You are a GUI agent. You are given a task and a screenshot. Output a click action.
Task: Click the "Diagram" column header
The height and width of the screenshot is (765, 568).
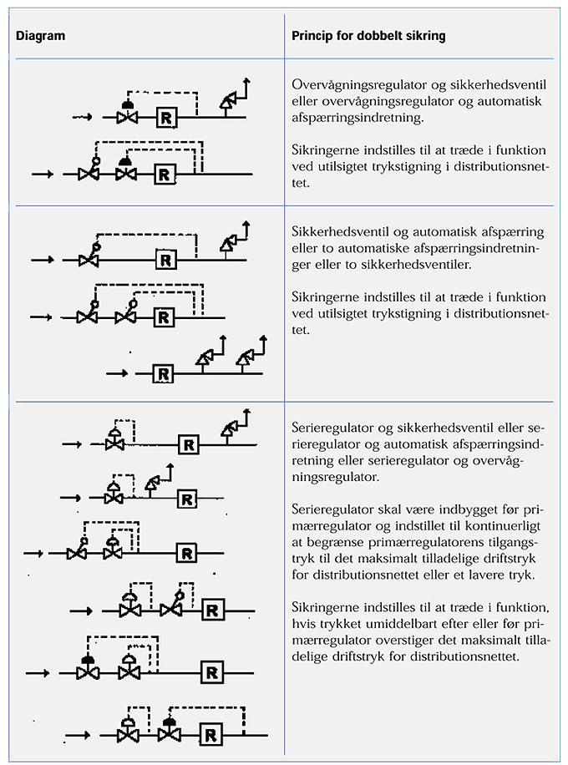click(x=41, y=37)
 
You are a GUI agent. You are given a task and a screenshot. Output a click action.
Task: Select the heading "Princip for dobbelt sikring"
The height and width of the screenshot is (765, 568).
click(x=368, y=37)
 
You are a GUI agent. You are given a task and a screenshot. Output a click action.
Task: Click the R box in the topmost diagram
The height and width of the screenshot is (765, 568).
click(x=165, y=117)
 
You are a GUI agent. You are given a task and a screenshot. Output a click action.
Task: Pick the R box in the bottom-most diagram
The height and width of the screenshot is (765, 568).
click(x=212, y=735)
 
